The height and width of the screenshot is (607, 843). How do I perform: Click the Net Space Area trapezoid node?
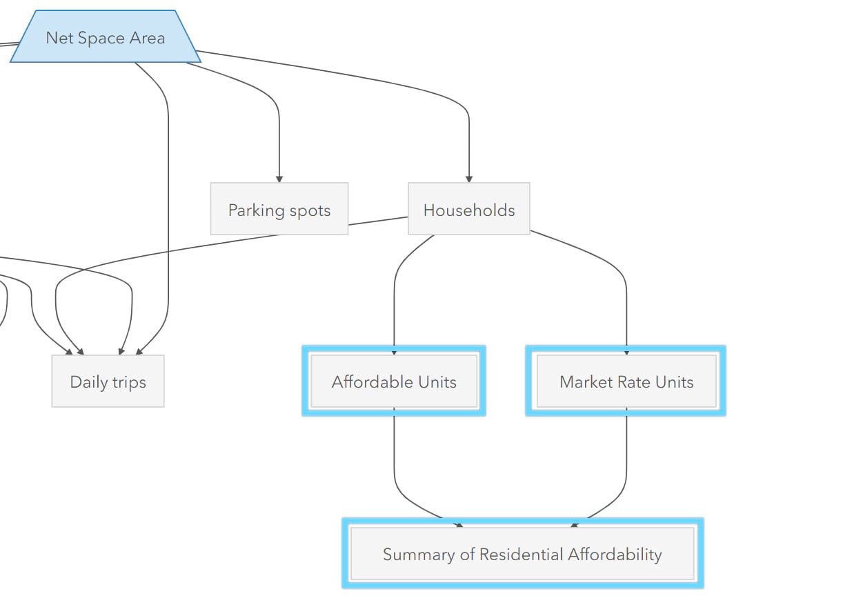[106, 37]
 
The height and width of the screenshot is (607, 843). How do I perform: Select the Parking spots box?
[279, 209]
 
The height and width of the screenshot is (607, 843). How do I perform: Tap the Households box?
[469, 209]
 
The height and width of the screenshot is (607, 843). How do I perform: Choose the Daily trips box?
[108, 381]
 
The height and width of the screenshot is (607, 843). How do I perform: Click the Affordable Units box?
[394, 381]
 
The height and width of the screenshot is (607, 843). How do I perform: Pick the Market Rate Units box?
[626, 381]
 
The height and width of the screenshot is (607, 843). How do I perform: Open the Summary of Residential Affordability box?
[522, 554]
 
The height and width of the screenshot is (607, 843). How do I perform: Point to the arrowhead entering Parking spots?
[279, 179]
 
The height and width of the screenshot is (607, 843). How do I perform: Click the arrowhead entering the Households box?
[469, 179]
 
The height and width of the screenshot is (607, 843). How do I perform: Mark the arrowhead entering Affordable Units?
[394, 352]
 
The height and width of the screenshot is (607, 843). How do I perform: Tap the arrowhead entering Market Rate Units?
[626, 352]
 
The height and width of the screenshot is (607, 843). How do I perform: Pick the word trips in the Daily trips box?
[129, 382]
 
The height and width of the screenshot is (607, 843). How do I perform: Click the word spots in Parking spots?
[310, 210]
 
